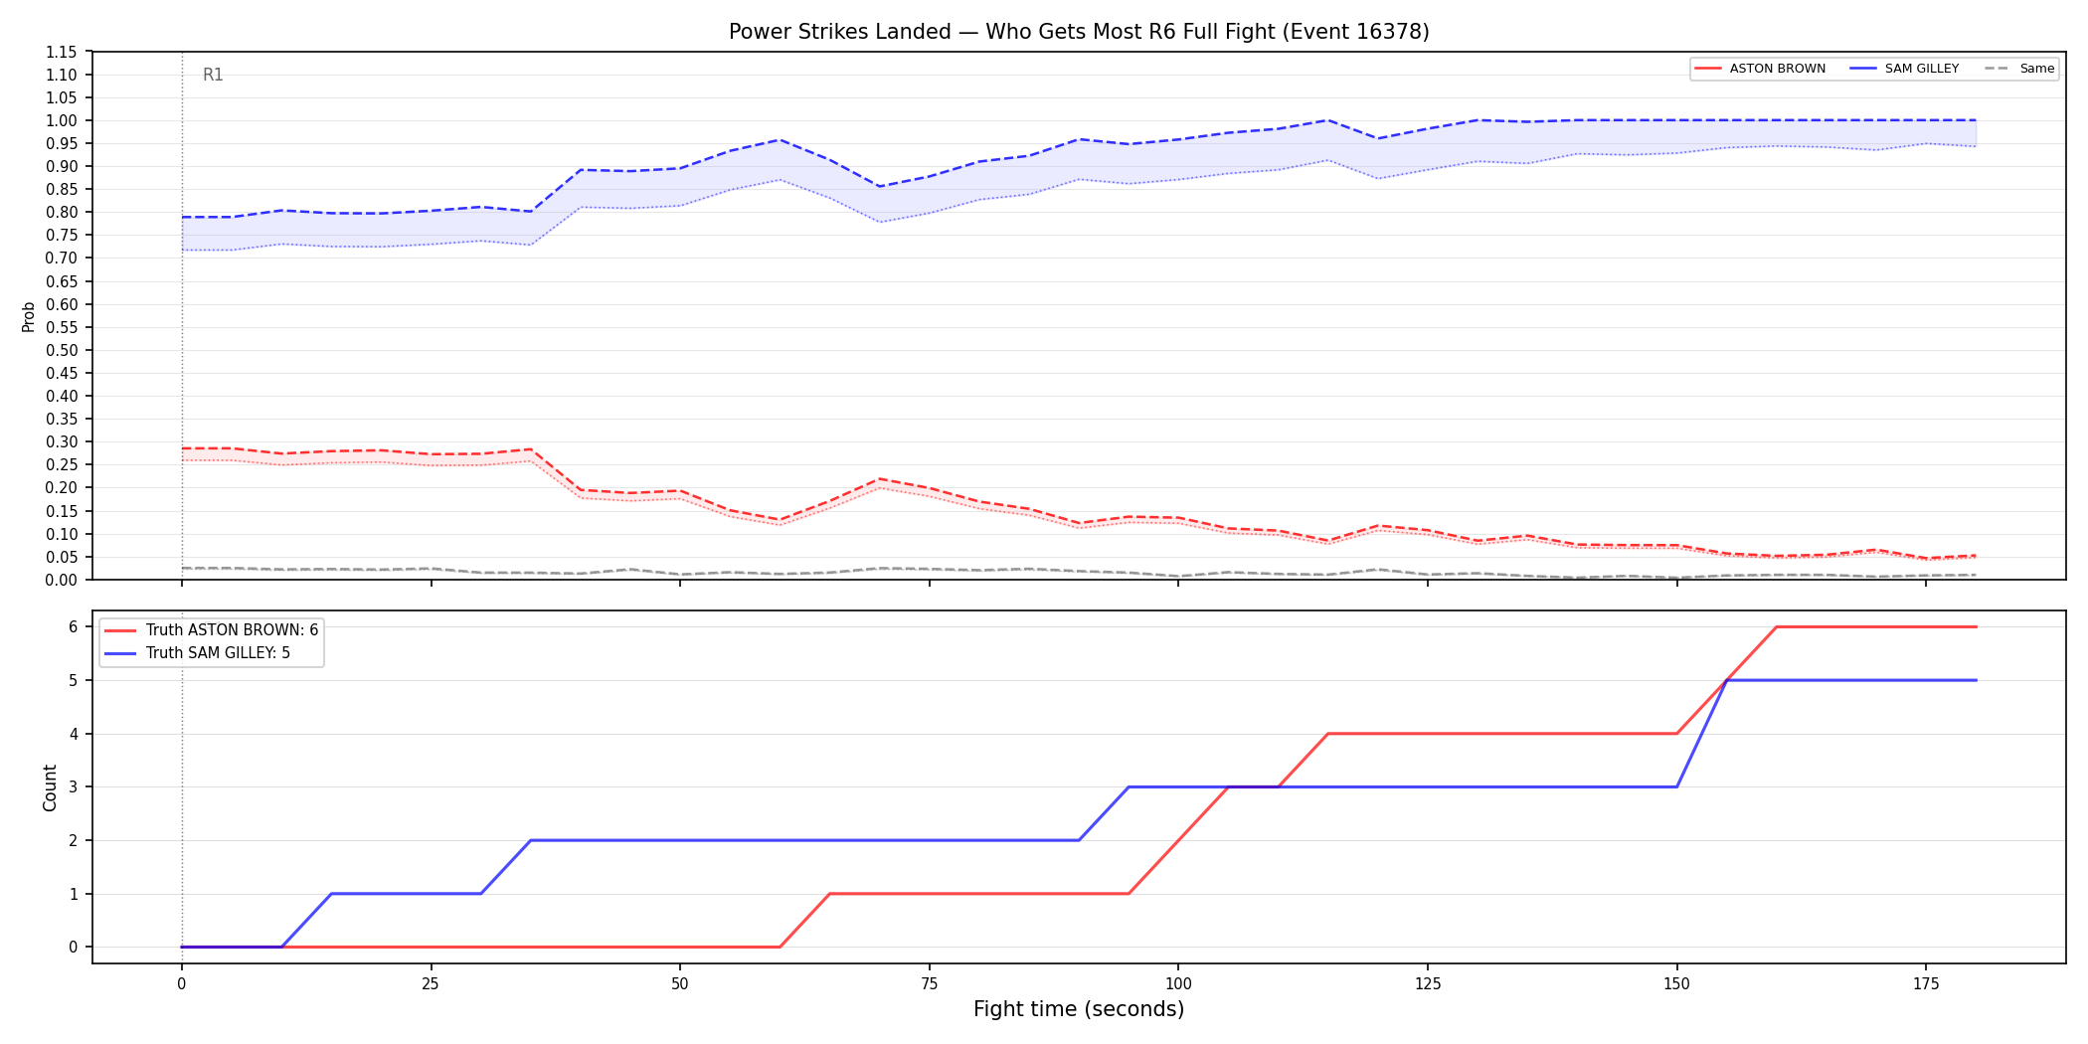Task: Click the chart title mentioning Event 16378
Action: pyautogui.click(x=1079, y=32)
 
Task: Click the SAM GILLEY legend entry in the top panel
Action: pyautogui.click(x=1904, y=69)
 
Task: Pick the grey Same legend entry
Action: pyautogui.click(x=2019, y=69)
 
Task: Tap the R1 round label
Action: pyautogui.click(x=213, y=75)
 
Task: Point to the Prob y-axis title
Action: pyautogui.click(x=29, y=316)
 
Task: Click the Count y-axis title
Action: pyautogui.click(x=50, y=787)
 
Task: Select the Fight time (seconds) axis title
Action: pyautogui.click(x=1079, y=1009)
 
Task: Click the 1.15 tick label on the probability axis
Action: pyautogui.click(x=62, y=52)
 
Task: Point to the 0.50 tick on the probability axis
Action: pyautogui.click(x=62, y=350)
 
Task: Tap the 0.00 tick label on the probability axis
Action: pyautogui.click(x=62, y=580)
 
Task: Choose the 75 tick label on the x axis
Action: pyautogui.click(x=930, y=983)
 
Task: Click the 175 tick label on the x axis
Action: pyautogui.click(x=1926, y=983)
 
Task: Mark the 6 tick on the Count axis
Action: pyautogui.click(x=73, y=626)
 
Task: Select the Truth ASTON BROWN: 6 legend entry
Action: pyautogui.click(x=211, y=630)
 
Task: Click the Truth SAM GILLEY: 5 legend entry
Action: pyautogui.click(x=197, y=653)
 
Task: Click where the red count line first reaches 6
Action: pyautogui.click(x=1777, y=626)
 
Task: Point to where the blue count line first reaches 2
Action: pyautogui.click(x=531, y=840)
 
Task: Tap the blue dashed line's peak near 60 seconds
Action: pyautogui.click(x=781, y=139)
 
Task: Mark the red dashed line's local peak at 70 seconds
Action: pyautogui.click(x=880, y=479)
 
